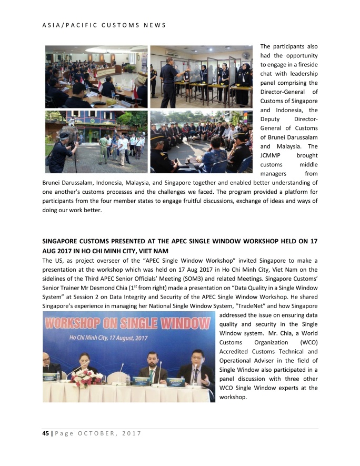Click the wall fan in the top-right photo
click(x=245, y=54)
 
